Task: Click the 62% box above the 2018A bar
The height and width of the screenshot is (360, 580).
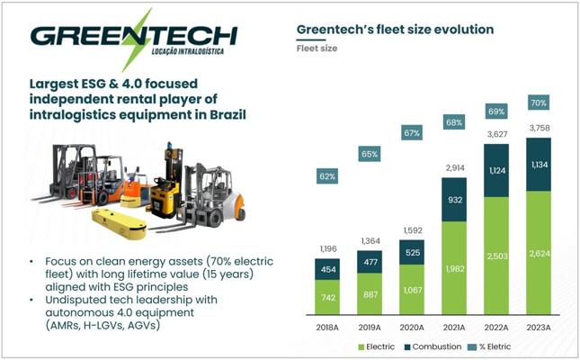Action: click(x=327, y=176)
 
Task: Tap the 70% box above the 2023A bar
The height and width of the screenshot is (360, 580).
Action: click(x=539, y=103)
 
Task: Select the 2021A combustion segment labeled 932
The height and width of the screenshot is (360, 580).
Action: click(x=454, y=200)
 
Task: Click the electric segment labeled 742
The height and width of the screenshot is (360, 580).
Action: click(x=327, y=297)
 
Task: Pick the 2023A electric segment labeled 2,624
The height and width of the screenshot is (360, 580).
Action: click(x=539, y=253)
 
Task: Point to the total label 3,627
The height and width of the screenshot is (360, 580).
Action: click(x=496, y=134)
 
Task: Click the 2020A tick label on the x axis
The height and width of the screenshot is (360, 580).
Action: click(x=412, y=328)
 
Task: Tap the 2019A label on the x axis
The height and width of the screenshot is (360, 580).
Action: click(x=370, y=328)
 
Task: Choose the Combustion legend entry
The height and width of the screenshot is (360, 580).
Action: click(x=433, y=347)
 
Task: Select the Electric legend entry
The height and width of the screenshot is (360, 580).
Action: click(x=377, y=347)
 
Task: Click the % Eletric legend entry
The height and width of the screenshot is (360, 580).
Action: click(x=489, y=347)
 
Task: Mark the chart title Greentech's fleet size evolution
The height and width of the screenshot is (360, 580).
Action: click(x=395, y=30)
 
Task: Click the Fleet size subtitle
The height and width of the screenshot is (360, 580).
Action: click(x=317, y=48)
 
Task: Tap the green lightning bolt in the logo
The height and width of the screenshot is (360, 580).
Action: click(x=137, y=40)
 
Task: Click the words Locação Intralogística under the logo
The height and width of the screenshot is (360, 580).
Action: click(x=188, y=51)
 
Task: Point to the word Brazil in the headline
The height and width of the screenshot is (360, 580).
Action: click(x=228, y=114)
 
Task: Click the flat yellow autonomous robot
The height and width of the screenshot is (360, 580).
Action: click(x=119, y=224)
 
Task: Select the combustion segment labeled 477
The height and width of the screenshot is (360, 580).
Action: click(x=370, y=262)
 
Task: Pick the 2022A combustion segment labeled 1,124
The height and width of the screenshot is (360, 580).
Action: click(x=496, y=170)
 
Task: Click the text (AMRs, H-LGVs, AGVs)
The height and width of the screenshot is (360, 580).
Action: click(x=103, y=325)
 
